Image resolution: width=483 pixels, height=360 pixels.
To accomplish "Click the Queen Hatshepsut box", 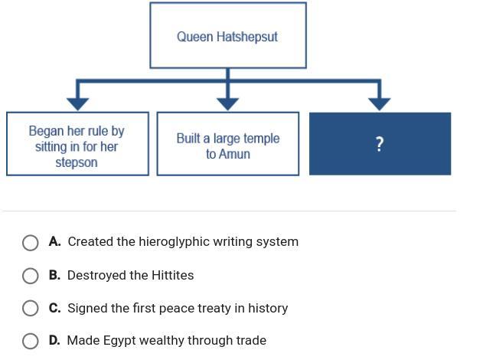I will [227, 35].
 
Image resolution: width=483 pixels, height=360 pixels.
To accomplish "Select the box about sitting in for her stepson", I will [77, 144].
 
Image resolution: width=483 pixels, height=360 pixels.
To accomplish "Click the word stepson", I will [77, 162].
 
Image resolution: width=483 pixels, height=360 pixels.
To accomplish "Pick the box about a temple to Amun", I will [227, 144].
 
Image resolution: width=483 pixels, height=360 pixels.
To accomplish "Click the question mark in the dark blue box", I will [380, 144].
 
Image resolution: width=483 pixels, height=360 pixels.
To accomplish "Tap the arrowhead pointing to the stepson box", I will [77, 103].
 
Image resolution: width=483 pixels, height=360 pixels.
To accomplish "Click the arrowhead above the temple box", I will [227, 103].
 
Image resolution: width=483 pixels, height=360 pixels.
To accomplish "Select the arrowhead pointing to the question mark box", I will [380, 103].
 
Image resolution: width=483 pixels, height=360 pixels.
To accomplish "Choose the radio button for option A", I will [31, 243].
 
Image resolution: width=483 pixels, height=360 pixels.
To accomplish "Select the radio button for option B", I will [31, 276].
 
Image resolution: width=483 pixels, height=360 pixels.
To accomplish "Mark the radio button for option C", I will [31, 308].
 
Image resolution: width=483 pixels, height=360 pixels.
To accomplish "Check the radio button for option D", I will [31, 341].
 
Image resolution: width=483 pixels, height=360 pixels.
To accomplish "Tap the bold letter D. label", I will [54, 340].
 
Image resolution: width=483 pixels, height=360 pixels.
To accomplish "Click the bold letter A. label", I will [54, 241].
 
